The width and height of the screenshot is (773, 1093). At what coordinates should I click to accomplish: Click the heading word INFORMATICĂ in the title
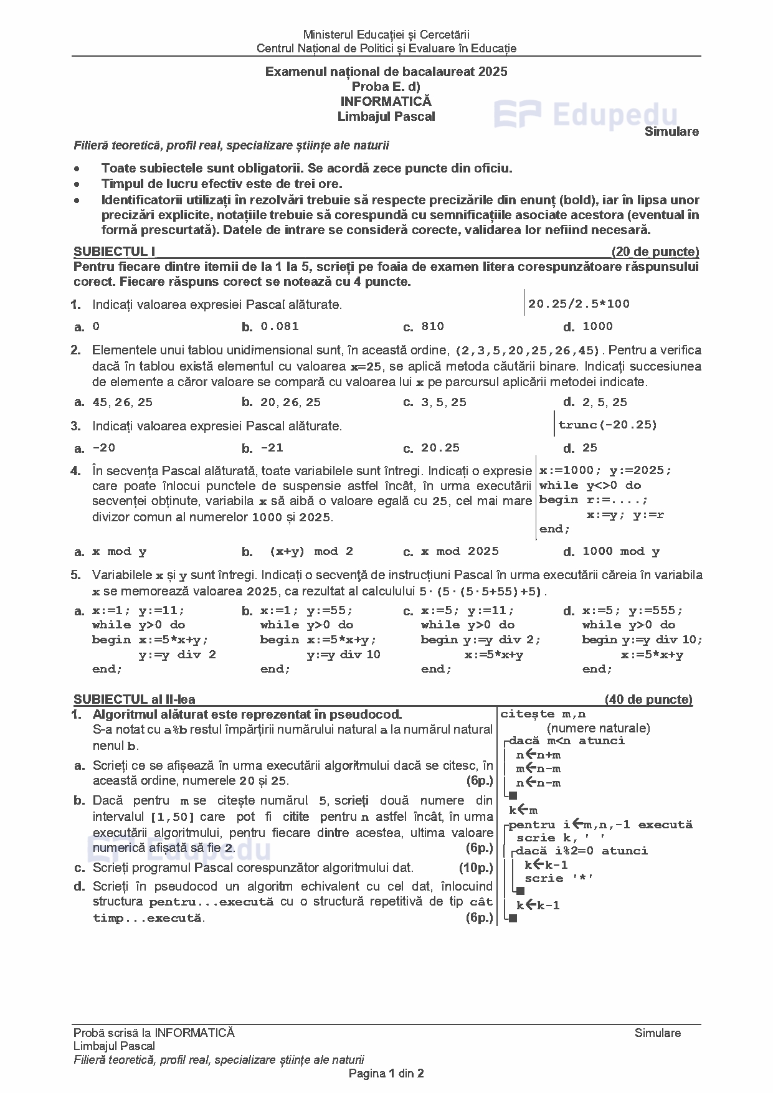[386, 101]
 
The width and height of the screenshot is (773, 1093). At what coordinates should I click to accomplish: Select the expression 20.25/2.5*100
[579, 304]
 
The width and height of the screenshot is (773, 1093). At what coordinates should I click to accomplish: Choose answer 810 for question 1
[432, 326]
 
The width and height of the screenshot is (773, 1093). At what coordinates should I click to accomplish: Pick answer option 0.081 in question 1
[280, 326]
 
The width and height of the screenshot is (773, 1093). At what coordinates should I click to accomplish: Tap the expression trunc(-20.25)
[607, 425]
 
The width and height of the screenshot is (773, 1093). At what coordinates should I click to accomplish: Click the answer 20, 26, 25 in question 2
[290, 402]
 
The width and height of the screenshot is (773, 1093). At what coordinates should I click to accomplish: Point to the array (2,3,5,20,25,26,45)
[527, 350]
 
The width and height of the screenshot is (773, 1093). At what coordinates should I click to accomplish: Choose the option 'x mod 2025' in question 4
[460, 551]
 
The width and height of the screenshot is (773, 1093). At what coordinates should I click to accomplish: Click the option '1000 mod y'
[620, 551]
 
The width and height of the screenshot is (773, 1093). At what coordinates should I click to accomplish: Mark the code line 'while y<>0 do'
[590, 485]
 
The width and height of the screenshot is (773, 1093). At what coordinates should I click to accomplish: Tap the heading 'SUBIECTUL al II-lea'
[134, 699]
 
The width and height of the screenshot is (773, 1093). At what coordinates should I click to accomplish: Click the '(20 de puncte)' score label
[655, 252]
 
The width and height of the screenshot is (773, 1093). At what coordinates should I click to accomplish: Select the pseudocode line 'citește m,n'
[543, 714]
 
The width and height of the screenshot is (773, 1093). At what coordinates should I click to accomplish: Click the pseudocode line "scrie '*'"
[559, 878]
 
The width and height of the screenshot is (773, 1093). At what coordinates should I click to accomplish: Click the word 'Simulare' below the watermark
[671, 131]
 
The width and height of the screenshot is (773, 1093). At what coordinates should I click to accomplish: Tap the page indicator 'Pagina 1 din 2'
[386, 1073]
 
